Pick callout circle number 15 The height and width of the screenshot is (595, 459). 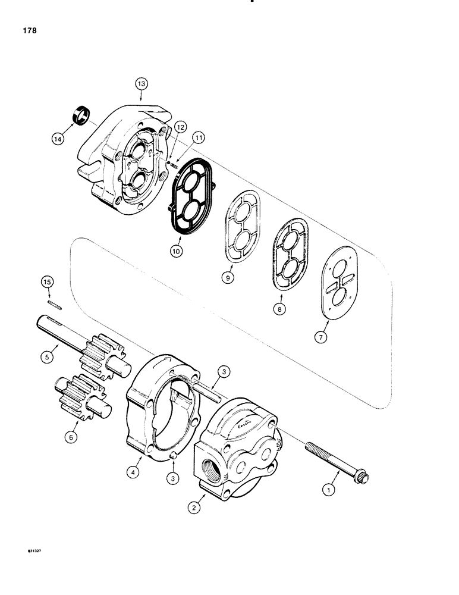pyautogui.click(x=47, y=280)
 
